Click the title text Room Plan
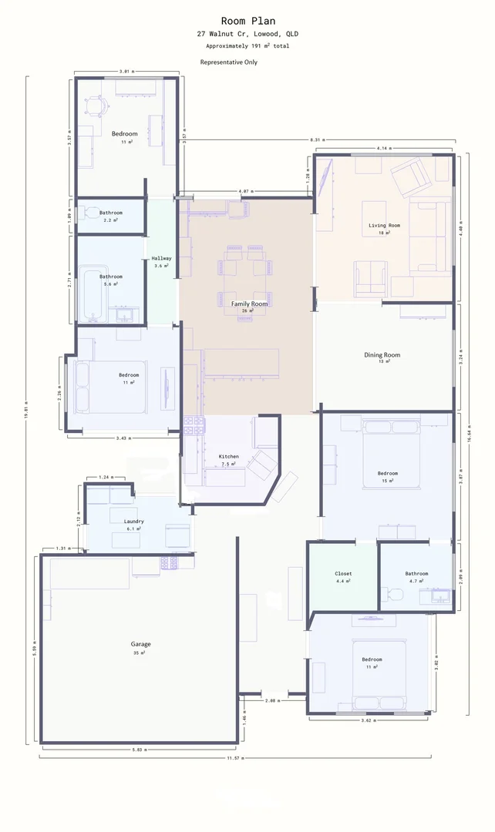(x=247, y=21)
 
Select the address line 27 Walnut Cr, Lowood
(x=247, y=35)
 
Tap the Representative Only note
(x=229, y=62)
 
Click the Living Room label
(x=384, y=225)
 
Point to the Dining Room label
(x=382, y=355)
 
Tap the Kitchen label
(x=229, y=456)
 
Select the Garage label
(x=140, y=644)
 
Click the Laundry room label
(x=134, y=522)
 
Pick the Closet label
(x=343, y=574)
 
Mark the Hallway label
(x=161, y=259)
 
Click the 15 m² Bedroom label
(x=387, y=473)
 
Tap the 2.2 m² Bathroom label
(x=110, y=213)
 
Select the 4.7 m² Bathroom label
(x=416, y=574)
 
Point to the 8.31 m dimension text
(x=315, y=139)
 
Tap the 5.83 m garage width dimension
(x=139, y=749)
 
